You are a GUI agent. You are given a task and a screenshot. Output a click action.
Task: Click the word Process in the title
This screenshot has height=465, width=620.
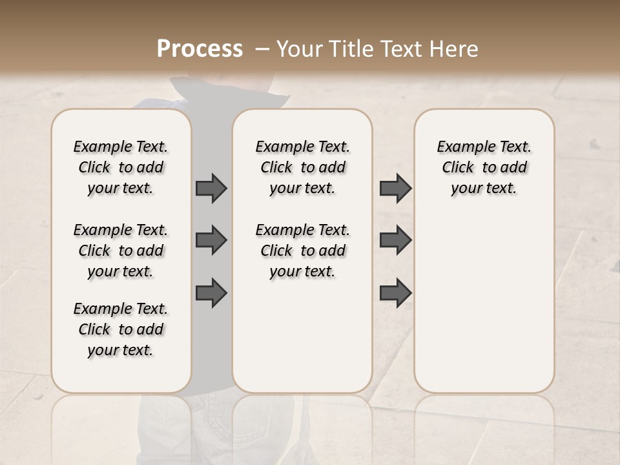click(x=200, y=49)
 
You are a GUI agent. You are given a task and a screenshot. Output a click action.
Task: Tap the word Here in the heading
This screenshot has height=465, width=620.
click(x=455, y=49)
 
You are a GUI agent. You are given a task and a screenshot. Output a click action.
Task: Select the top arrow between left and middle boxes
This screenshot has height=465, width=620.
click(x=211, y=188)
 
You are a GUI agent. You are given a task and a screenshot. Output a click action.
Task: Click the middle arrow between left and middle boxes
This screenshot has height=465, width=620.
click(x=211, y=240)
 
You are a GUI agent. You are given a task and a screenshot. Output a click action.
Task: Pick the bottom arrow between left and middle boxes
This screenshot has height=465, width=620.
click(x=211, y=293)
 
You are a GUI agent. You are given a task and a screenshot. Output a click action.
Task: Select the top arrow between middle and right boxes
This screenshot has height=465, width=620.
click(x=395, y=188)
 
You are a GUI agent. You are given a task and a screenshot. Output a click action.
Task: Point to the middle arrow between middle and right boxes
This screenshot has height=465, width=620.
click(x=395, y=240)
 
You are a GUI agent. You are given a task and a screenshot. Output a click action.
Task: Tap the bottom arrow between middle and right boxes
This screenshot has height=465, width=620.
click(x=395, y=293)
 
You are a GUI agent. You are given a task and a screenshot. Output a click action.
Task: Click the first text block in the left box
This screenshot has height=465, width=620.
click(x=121, y=167)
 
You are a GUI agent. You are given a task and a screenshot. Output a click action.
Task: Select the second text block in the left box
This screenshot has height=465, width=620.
click(x=121, y=251)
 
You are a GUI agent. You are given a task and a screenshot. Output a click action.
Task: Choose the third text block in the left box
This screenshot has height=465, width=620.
click(x=121, y=329)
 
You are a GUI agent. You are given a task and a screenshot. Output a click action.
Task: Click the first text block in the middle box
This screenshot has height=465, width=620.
click(x=303, y=167)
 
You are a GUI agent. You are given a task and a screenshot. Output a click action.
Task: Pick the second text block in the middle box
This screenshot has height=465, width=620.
click(x=303, y=251)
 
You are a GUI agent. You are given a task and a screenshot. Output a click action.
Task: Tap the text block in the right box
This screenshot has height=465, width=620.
click(x=484, y=167)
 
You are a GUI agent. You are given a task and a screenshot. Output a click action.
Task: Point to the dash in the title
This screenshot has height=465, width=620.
click(x=262, y=49)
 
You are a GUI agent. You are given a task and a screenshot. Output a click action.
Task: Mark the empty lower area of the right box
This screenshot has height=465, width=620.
click(x=484, y=304)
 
